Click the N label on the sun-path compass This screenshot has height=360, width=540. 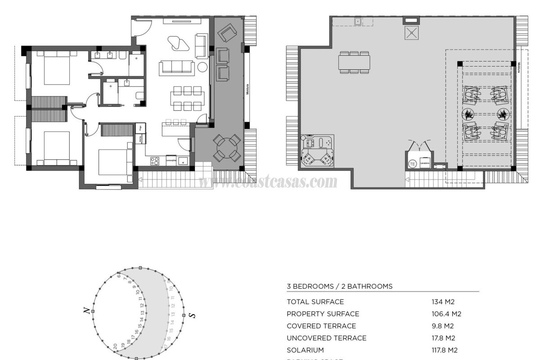pyautogui.click(x=85, y=310)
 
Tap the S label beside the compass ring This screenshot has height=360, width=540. pyautogui.click(x=193, y=315)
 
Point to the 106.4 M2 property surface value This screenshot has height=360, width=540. pyautogui.click(x=446, y=314)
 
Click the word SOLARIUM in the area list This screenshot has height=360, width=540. pyautogui.click(x=305, y=350)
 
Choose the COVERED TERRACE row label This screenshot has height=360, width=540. pyautogui.click(x=321, y=326)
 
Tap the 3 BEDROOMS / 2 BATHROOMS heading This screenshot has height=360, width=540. pyautogui.click(x=340, y=286)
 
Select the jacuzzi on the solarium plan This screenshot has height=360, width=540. pyautogui.click(x=319, y=151)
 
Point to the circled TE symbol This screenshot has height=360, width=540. pyautogui.click(x=413, y=164)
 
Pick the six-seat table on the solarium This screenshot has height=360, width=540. pyautogui.click(x=355, y=62)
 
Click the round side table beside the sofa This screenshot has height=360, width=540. pyautogui.click(x=203, y=67)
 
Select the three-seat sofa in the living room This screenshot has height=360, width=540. pyautogui.click(x=177, y=68)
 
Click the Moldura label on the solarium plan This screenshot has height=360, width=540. pyautogui.click(x=518, y=70)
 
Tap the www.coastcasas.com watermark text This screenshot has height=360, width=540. pyautogui.click(x=268, y=182)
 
